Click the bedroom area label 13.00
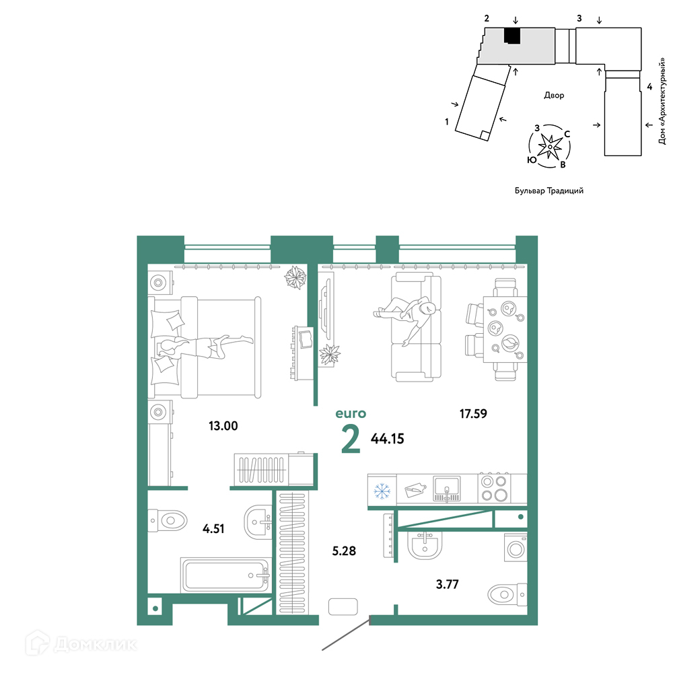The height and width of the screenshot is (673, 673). point(223,426)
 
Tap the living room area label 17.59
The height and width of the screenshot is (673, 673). point(473,414)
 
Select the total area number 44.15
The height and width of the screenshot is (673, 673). point(387,439)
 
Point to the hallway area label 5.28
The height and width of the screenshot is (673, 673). point(344,551)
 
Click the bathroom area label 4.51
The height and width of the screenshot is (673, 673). point(213,528)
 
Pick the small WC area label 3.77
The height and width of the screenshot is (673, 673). point(448,584)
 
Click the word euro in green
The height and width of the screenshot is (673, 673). point(351,414)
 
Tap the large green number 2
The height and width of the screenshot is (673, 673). point(351,439)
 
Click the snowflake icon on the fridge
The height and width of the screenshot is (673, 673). point(382,491)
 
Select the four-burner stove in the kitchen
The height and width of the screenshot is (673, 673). point(493,488)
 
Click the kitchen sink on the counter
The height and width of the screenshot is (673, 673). point(447,489)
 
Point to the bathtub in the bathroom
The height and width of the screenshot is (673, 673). point(225,575)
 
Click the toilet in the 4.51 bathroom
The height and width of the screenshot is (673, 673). point(168,521)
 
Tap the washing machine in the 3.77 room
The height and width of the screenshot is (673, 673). point(516,548)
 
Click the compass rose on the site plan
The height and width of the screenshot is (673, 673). point(549,146)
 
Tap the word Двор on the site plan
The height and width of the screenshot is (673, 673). point(554,95)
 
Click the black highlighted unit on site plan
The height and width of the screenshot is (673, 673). point(512,36)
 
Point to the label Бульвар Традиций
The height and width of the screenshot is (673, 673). point(549,190)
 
